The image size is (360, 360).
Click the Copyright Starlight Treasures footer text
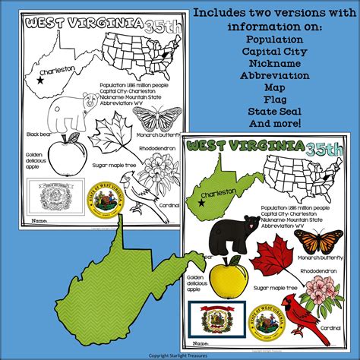pyautogui.click(x=180, y=354)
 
